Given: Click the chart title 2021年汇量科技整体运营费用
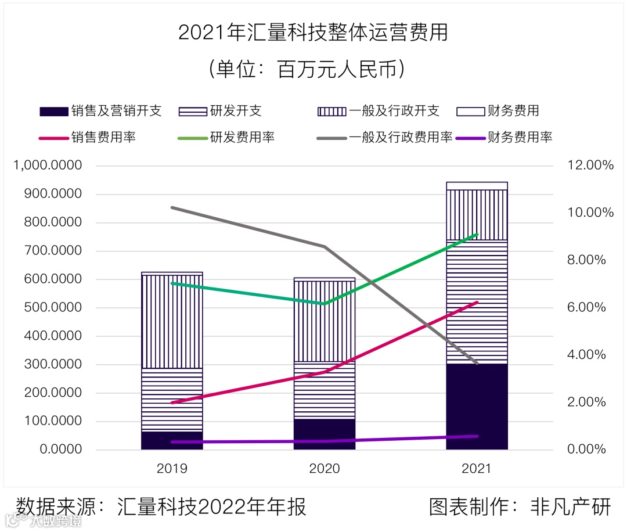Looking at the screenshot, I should click(x=313, y=33).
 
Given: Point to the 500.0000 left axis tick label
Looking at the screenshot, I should click(x=53, y=308).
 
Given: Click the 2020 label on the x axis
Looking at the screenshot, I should click(x=325, y=468).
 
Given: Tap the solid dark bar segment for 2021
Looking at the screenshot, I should click(x=477, y=407).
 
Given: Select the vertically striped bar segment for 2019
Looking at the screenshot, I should click(x=172, y=321).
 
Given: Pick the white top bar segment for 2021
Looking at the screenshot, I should click(x=477, y=186).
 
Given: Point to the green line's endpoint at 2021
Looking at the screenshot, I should click(x=477, y=235).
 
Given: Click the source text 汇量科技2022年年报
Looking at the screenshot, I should click(x=211, y=506).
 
